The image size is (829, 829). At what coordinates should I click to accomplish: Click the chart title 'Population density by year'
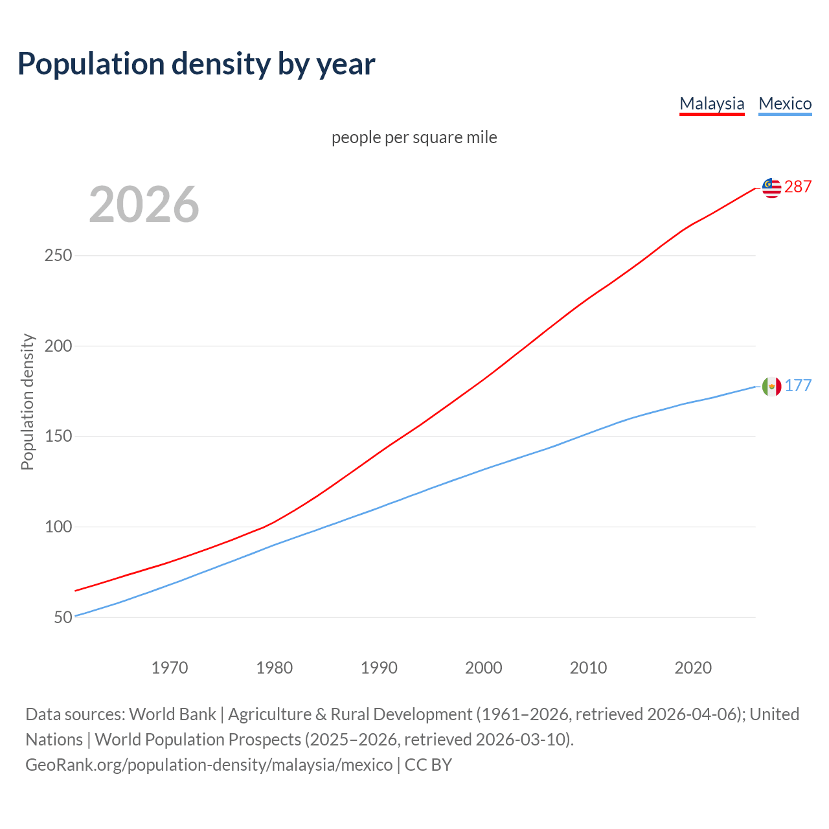click(x=196, y=63)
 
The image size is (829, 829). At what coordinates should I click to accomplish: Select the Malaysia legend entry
click(x=712, y=104)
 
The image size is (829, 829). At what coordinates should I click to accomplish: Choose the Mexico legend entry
click(x=785, y=104)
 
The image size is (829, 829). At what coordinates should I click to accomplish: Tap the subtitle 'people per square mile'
click(x=414, y=137)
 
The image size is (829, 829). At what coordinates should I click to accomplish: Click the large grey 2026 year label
click(x=144, y=205)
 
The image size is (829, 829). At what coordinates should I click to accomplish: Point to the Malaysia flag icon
click(x=771, y=188)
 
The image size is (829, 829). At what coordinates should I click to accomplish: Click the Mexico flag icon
click(x=771, y=387)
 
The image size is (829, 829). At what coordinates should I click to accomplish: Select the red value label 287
click(x=798, y=187)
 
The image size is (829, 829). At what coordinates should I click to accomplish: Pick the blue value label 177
click(x=798, y=386)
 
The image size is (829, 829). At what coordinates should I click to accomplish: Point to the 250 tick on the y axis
click(x=58, y=256)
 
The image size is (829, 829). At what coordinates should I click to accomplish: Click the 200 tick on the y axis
click(x=58, y=346)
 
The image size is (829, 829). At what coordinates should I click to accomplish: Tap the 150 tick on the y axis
click(x=58, y=437)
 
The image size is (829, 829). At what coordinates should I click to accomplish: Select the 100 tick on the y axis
click(x=58, y=527)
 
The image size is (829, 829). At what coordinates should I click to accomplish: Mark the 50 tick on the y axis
click(x=63, y=617)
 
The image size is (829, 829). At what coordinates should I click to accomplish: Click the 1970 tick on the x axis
click(x=170, y=668)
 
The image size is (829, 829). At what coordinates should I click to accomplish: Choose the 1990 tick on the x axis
click(x=379, y=668)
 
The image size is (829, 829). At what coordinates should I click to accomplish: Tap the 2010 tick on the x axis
click(x=588, y=668)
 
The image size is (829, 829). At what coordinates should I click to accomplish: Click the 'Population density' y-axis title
click(x=27, y=402)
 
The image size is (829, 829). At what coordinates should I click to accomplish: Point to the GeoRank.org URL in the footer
click(x=209, y=765)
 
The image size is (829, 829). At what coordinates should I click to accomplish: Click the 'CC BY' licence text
click(x=428, y=765)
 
